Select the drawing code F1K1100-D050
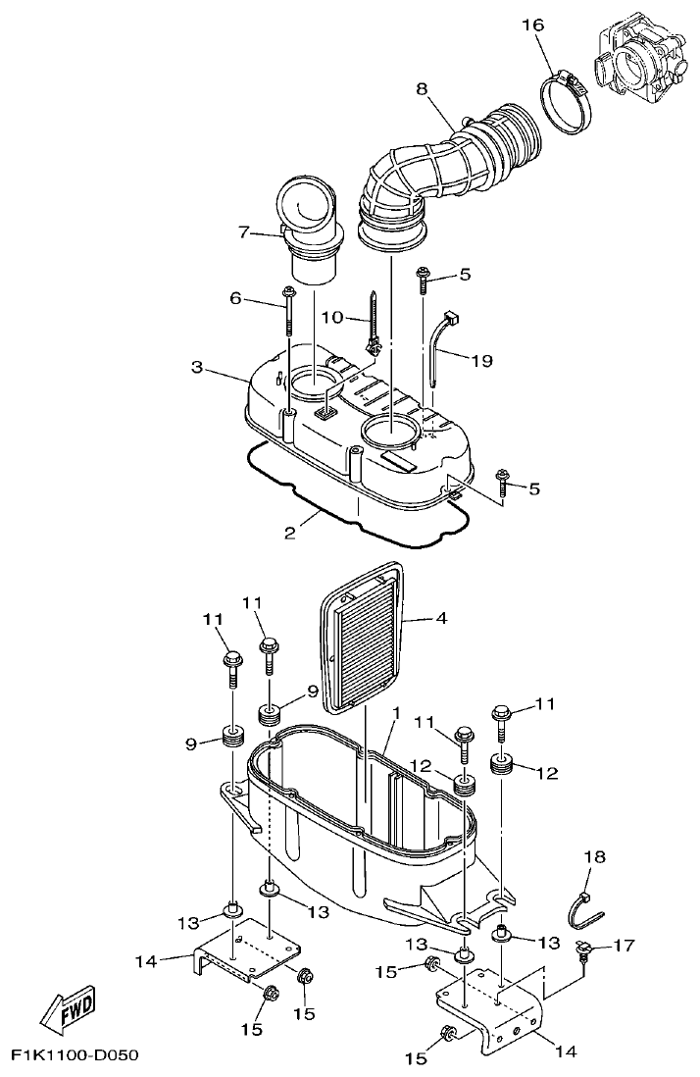tap(75, 1056)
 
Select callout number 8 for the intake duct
tap(422, 87)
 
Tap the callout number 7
tap(244, 231)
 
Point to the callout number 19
tap(480, 361)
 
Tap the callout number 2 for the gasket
tap(290, 533)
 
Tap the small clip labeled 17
tap(586, 949)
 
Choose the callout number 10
tap(331, 317)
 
